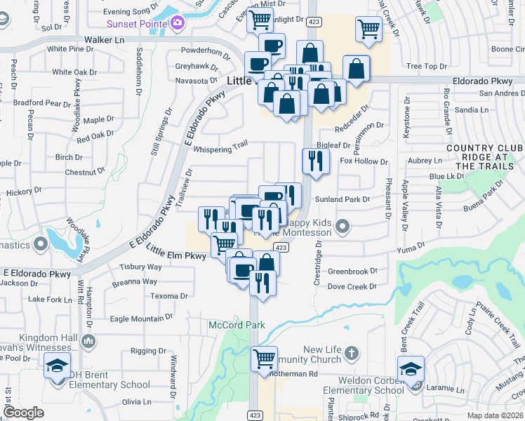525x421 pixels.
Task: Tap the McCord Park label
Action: (x=227, y=325)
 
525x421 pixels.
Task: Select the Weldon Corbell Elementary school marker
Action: (x=411, y=368)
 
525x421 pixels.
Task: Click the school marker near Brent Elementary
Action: (x=57, y=366)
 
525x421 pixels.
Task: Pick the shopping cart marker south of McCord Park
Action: (x=265, y=359)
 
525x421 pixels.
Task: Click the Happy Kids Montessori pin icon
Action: (x=343, y=226)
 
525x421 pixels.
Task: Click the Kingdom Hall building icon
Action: (x=88, y=342)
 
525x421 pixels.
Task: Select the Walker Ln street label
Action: (x=105, y=40)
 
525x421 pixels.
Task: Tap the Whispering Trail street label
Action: (x=221, y=149)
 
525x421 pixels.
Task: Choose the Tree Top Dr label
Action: (x=426, y=67)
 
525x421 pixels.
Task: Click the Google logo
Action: (x=24, y=413)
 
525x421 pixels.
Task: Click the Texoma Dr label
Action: (x=170, y=296)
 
